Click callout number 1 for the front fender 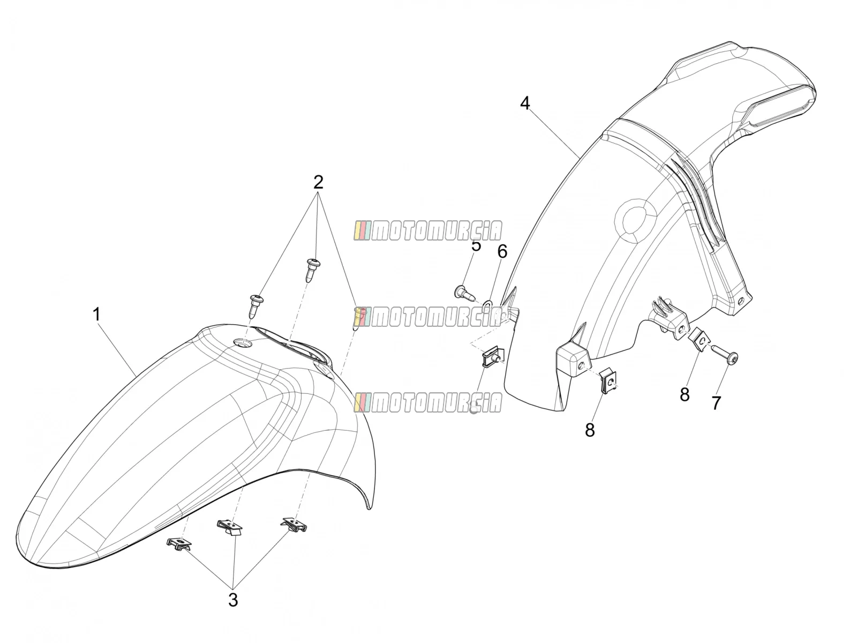click(x=96, y=315)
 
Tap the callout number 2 click(x=318, y=182)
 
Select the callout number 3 click(x=233, y=600)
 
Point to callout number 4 click(x=525, y=103)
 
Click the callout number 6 click(x=502, y=251)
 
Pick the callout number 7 click(x=715, y=403)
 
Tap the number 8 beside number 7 click(x=685, y=395)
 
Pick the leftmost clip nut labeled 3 click(x=179, y=543)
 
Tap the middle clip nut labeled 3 click(x=229, y=527)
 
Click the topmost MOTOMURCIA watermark click(x=428, y=231)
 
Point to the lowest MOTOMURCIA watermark click(x=428, y=402)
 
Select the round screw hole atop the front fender click(x=242, y=343)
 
